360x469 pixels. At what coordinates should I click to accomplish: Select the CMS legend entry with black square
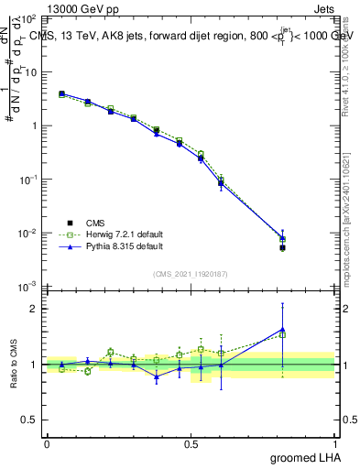(93, 223)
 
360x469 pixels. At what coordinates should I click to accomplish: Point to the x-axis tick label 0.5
(191, 443)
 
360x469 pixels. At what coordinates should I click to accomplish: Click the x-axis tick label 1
(334, 443)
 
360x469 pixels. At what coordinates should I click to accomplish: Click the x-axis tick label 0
(47, 443)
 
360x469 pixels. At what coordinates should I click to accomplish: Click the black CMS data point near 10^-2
(282, 247)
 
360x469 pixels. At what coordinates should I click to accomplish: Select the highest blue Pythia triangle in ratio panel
(282, 329)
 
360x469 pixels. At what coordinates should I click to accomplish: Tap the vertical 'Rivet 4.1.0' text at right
(345, 64)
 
